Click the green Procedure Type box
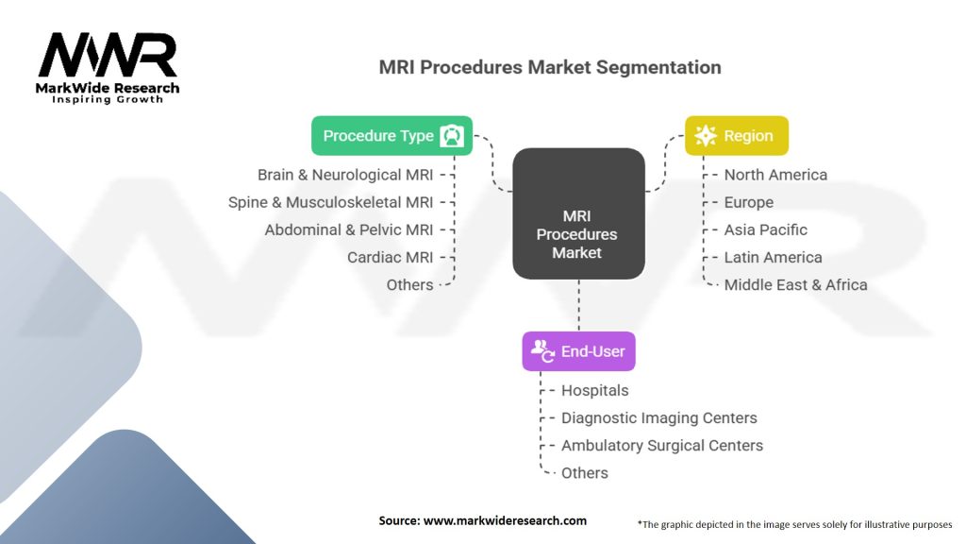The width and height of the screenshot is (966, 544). click(391, 136)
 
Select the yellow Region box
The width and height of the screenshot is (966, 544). click(737, 136)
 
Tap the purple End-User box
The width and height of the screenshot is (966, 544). click(578, 351)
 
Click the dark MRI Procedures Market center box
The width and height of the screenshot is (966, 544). click(578, 213)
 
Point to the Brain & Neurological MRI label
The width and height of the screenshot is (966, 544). click(345, 175)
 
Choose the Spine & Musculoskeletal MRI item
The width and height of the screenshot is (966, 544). click(331, 202)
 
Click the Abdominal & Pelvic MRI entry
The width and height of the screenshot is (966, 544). click(349, 230)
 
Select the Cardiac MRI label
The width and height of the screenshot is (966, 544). click(390, 257)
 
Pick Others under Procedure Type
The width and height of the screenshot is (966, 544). click(409, 285)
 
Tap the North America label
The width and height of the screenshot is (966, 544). click(775, 175)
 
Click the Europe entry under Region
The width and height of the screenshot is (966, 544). click(748, 202)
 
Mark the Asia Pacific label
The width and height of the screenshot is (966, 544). click(765, 230)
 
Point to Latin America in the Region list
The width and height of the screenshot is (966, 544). click(774, 257)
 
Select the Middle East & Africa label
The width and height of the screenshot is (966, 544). click(795, 285)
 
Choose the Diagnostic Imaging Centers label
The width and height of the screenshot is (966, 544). click(658, 418)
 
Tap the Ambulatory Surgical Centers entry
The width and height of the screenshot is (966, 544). click(661, 446)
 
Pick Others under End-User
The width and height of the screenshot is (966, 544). click(584, 473)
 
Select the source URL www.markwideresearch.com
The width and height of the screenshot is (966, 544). click(505, 520)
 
